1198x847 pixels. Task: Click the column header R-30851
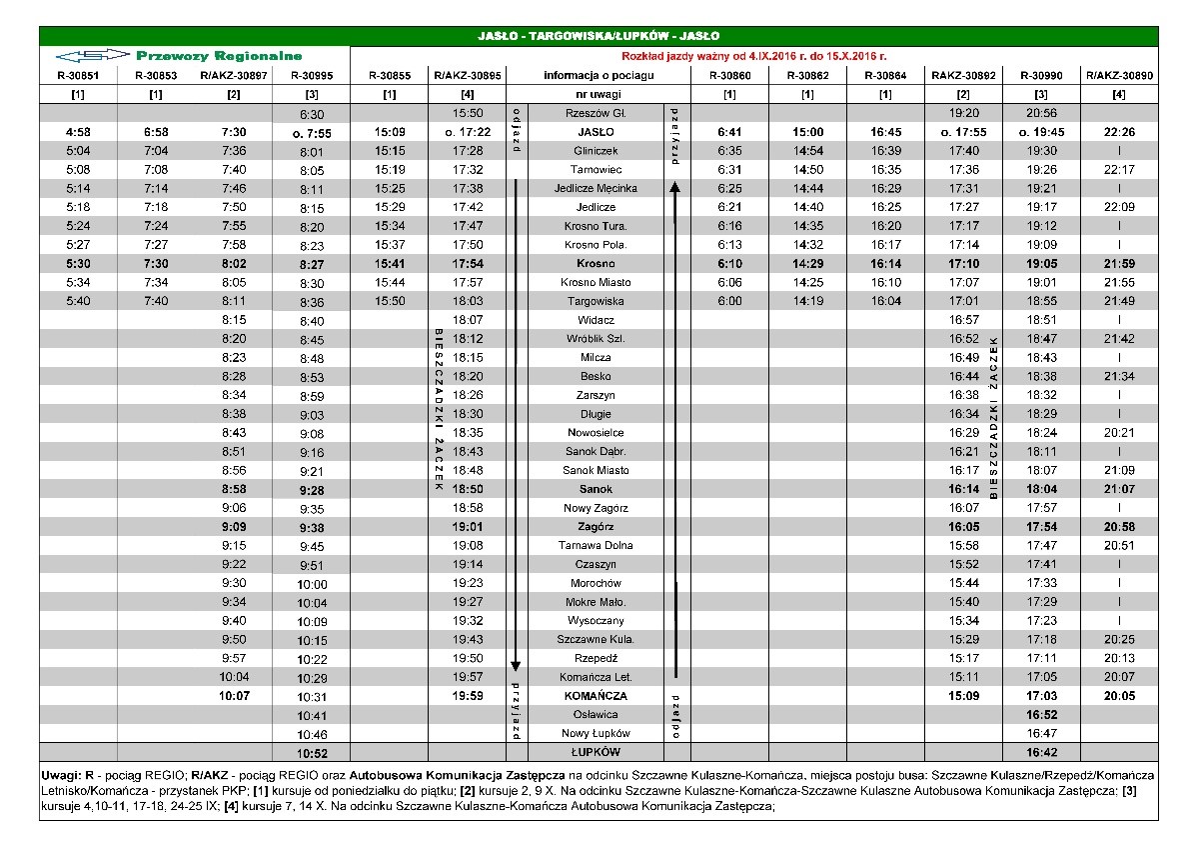click(x=78, y=75)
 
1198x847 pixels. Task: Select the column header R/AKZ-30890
click(x=1119, y=75)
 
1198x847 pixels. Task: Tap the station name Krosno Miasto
click(x=596, y=283)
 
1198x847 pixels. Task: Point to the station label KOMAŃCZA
click(x=596, y=695)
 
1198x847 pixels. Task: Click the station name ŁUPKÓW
click(x=596, y=752)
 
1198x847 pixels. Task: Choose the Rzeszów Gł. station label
click(x=596, y=114)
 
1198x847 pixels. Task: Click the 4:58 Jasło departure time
click(x=78, y=132)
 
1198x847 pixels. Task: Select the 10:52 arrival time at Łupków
click(x=312, y=753)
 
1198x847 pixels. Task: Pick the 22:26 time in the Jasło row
click(x=1119, y=132)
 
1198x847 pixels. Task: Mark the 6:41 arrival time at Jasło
click(x=730, y=132)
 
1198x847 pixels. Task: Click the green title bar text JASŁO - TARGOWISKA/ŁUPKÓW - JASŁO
click(x=599, y=37)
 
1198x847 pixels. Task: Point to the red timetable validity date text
click(x=754, y=57)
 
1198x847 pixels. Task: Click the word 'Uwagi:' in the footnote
click(x=62, y=776)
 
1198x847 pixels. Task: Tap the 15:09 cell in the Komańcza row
click(x=963, y=695)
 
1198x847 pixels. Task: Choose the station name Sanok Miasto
click(x=596, y=470)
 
